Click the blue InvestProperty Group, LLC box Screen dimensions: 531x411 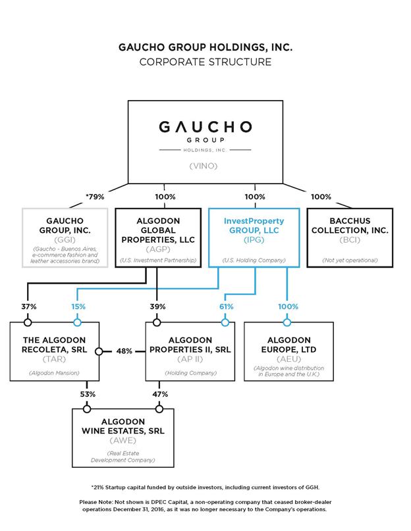tap(256, 238)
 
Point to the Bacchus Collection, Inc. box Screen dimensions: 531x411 tap(350, 238)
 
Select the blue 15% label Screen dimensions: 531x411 tap(78, 307)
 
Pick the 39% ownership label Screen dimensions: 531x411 tap(157, 307)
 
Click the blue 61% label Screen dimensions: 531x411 tap(226, 307)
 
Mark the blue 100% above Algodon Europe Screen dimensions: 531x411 tap(288, 307)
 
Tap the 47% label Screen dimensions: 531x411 tap(159, 394)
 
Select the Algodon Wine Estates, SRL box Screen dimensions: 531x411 tap(124, 436)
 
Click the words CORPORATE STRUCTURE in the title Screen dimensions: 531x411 tap(205, 63)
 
